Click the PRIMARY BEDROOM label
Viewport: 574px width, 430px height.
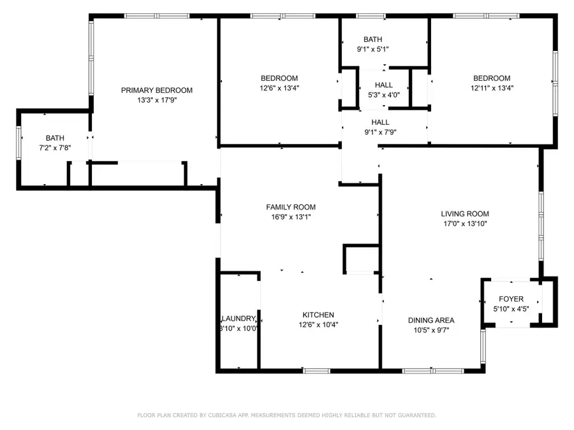[x=156, y=90]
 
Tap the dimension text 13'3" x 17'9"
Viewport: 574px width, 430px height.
[x=156, y=101]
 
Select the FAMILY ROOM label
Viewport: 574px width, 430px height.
[x=290, y=207]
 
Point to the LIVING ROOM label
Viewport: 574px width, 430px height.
[x=465, y=214]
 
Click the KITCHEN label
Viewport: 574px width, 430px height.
[x=318, y=315]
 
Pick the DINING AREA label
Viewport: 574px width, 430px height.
[x=431, y=320]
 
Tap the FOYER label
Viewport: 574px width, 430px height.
[x=511, y=299]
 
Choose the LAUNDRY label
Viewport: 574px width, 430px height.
[x=239, y=319]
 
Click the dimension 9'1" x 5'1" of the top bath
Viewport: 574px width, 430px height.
[x=372, y=49]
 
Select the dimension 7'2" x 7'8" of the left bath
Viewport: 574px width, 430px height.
[x=54, y=148]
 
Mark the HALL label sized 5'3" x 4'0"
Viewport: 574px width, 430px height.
[x=384, y=85]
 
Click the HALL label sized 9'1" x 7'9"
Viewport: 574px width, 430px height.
[x=380, y=122]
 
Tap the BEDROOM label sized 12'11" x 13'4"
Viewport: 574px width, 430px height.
[x=491, y=78]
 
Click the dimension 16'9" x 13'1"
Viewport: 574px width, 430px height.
[x=290, y=217]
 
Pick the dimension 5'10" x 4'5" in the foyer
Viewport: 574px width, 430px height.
[x=511, y=308]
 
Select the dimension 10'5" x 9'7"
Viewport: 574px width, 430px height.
[x=431, y=330]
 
